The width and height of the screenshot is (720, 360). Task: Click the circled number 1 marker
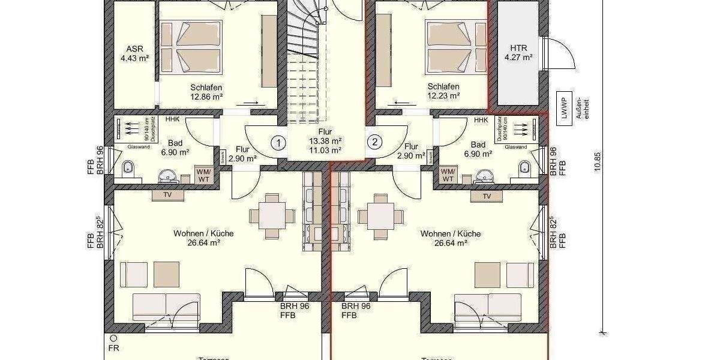(x=278, y=143)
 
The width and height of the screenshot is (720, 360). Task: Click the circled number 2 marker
(x=374, y=143)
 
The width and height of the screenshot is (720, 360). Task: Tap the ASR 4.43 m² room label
(x=134, y=53)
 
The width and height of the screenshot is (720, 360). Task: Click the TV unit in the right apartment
(x=487, y=196)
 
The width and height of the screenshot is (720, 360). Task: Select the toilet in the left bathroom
(x=128, y=169)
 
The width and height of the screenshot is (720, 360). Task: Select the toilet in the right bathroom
(x=525, y=169)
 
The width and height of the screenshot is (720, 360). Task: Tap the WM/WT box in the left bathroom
(x=204, y=175)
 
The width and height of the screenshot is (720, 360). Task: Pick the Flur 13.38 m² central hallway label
(x=325, y=140)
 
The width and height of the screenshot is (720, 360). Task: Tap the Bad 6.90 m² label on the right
(x=478, y=149)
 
